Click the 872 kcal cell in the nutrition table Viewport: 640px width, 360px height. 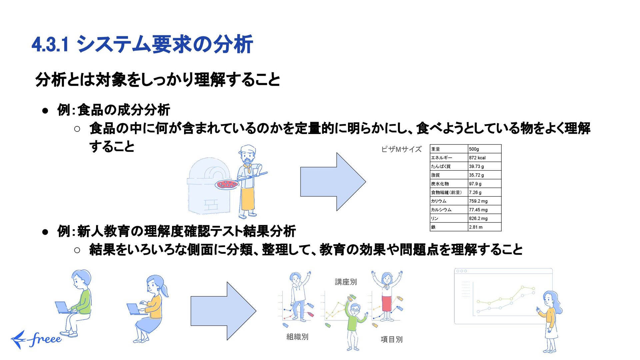(477, 158)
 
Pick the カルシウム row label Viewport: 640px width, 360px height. (441, 210)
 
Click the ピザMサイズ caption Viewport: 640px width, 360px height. (401, 149)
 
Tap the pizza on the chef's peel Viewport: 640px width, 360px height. (227, 184)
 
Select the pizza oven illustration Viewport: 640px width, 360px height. (209, 187)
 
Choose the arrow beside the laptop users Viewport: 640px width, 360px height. (223, 311)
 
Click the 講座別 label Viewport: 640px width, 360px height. (346, 282)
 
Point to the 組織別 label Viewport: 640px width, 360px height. (297, 337)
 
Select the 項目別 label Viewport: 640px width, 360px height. (391, 339)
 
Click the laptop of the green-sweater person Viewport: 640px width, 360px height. (63, 307)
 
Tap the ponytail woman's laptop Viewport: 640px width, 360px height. (135, 309)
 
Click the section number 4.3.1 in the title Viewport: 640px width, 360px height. (50, 45)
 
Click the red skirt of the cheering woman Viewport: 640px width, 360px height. (387, 303)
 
